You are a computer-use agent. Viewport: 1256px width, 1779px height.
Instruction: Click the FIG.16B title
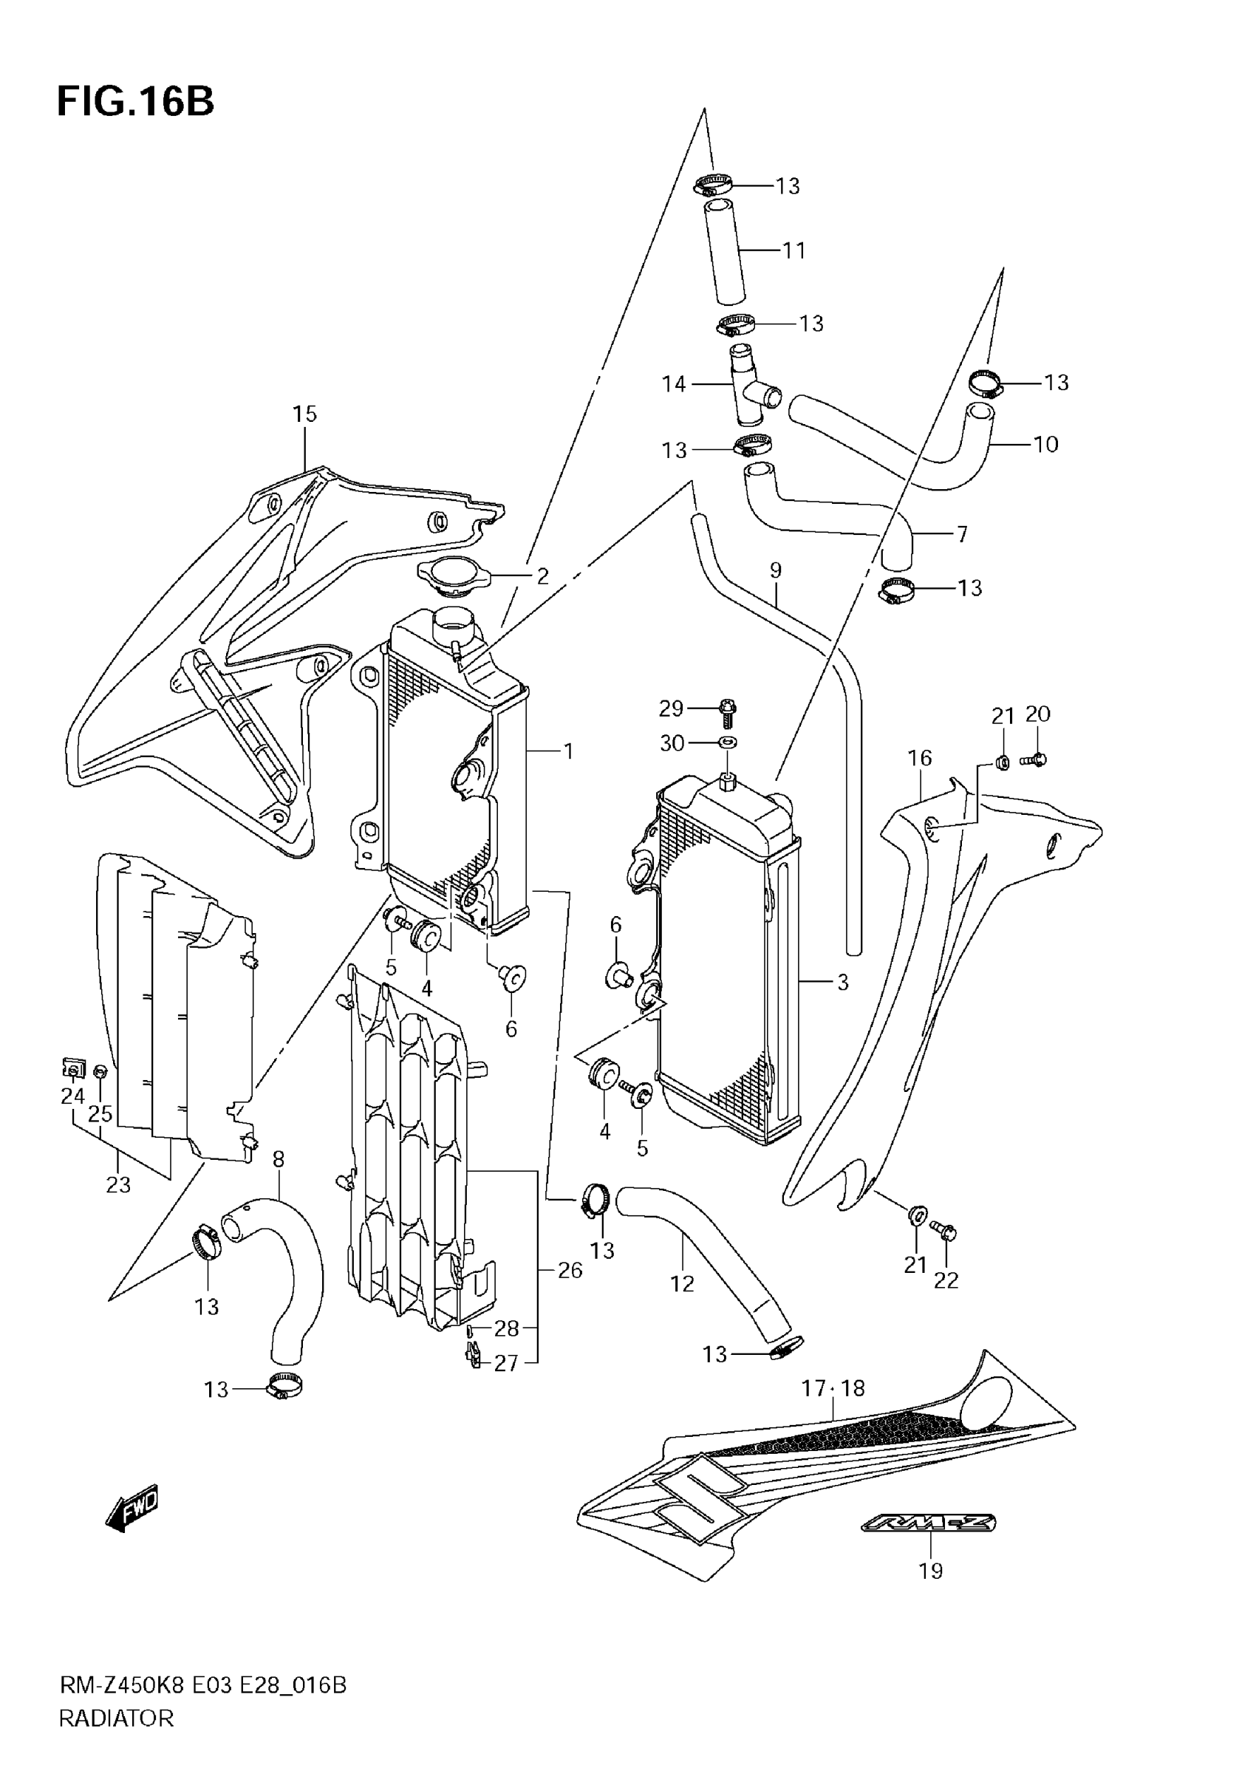136,101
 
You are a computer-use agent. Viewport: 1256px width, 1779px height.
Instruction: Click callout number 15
304,414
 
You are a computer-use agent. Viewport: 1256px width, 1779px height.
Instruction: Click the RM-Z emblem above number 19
929,1523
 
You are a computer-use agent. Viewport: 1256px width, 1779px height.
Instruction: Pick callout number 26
570,1271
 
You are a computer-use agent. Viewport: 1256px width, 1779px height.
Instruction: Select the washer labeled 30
727,743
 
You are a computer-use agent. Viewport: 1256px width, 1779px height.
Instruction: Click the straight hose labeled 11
725,252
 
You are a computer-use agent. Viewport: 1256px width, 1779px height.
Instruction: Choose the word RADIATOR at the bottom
116,1718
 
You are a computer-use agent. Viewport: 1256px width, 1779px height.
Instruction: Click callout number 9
776,570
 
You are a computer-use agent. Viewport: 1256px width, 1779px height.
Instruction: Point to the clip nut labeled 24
72,1070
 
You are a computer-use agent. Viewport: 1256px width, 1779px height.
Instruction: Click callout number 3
843,983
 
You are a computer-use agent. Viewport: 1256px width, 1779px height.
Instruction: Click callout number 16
920,758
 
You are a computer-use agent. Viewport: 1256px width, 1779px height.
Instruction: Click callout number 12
682,1284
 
